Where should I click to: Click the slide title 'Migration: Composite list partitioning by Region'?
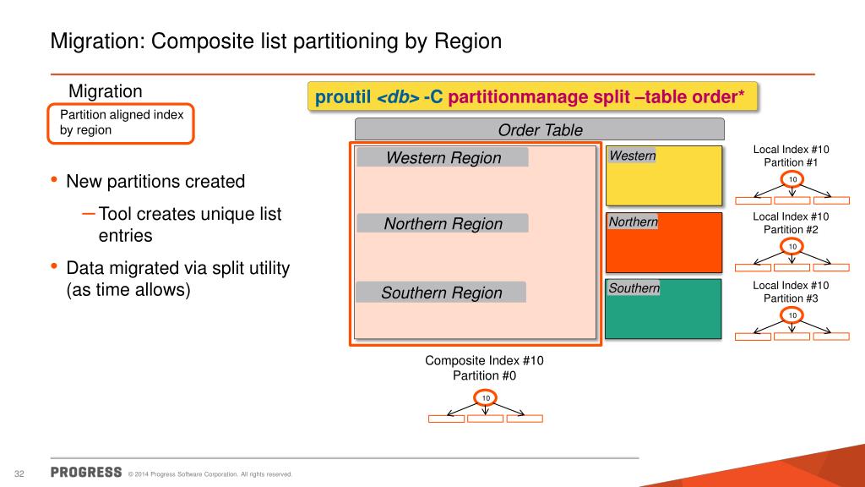tap(276, 41)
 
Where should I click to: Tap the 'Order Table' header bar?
tap(540, 129)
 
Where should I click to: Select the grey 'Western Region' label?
tap(443, 158)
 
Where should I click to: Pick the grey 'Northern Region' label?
tap(443, 224)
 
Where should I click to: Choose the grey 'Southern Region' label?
tap(441, 293)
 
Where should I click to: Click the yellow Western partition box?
tap(664, 176)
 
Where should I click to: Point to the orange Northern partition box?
tap(664, 242)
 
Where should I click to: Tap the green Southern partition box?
tap(664, 309)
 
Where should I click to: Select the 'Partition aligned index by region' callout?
tap(121, 123)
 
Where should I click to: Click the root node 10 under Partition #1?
tap(792, 180)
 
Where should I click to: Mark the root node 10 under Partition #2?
tap(792, 246)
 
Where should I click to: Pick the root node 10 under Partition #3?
tap(792, 315)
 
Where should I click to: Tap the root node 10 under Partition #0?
tap(486, 397)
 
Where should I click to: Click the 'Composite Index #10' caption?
tap(484, 360)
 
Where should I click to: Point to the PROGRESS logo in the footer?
tap(86, 472)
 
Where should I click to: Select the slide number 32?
tap(18, 473)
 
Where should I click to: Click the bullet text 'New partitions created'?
tap(155, 182)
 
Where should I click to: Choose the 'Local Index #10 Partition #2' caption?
tap(792, 222)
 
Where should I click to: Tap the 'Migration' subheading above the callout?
tap(105, 90)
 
